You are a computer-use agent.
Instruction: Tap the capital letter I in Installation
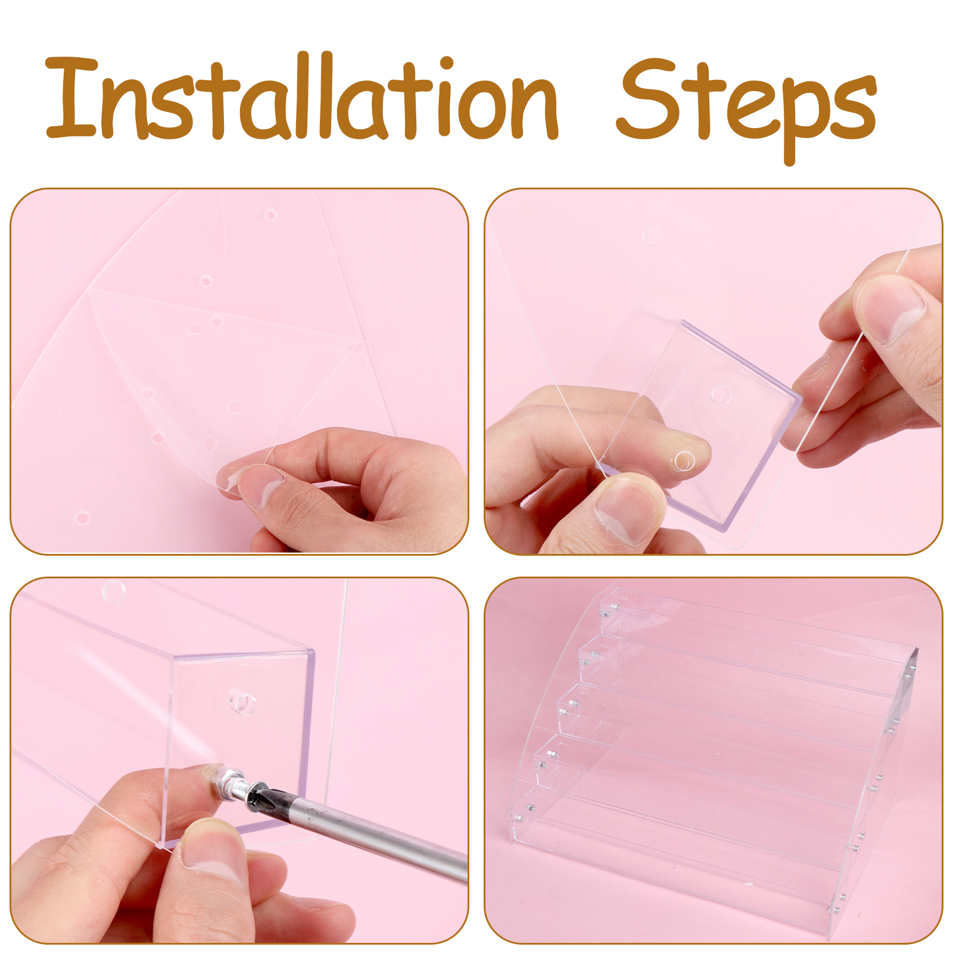point(71,98)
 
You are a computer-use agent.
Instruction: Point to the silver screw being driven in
point(229,781)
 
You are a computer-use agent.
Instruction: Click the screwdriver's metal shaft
point(369,834)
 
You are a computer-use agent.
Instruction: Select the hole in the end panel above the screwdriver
point(242,703)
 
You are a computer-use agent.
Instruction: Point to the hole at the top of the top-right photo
point(652,235)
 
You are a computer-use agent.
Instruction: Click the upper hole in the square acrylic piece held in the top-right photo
point(721,394)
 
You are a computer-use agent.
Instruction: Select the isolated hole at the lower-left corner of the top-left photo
point(82,517)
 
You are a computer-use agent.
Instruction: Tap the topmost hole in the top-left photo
point(270,214)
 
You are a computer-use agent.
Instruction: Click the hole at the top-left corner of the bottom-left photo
point(114,591)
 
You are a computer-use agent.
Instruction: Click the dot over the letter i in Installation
point(446,64)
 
